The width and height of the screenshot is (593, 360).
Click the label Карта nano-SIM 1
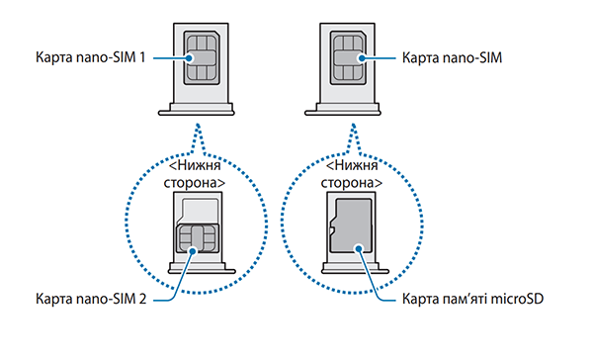click(90, 57)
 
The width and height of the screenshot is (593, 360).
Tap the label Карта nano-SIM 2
click(90, 298)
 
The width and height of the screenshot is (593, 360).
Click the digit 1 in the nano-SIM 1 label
click(142, 57)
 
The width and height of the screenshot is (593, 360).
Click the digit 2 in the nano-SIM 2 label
click(142, 298)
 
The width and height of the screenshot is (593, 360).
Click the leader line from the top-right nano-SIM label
click(381, 57)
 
